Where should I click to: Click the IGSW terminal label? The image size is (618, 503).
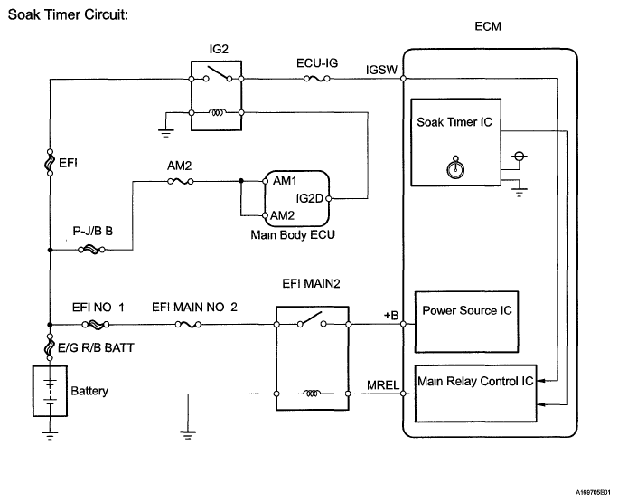(380, 69)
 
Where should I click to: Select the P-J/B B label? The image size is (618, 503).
(93, 232)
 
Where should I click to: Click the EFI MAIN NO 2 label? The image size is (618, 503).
(194, 308)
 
